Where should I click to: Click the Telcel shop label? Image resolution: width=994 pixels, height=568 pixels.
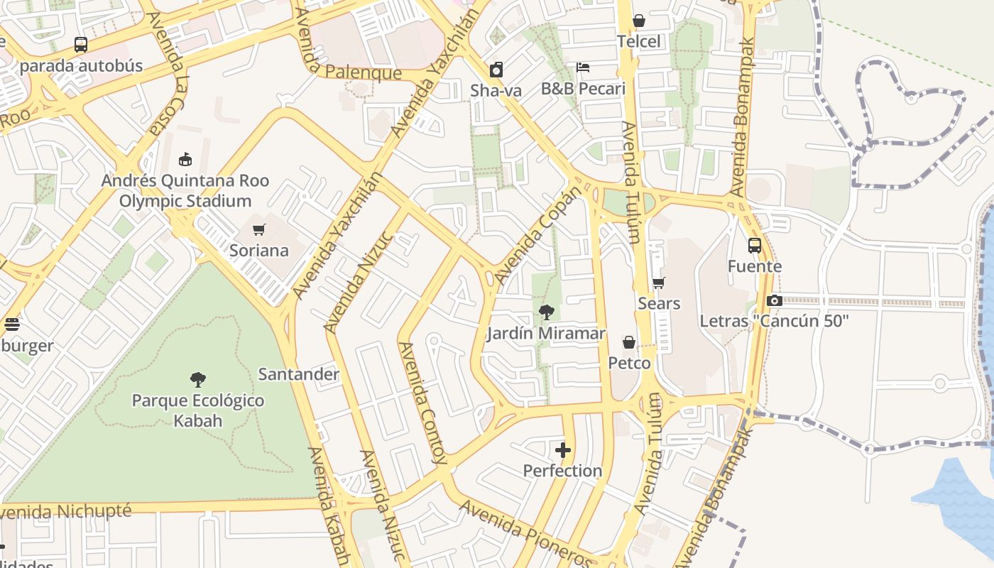[638, 41]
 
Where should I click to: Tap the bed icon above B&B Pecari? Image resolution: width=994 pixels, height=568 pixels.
[583, 67]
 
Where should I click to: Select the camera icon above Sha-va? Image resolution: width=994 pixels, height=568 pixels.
[496, 70]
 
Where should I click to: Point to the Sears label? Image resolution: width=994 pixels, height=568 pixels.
[659, 303]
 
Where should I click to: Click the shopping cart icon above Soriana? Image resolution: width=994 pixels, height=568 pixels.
[259, 229]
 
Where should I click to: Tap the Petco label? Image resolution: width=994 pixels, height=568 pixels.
[629, 363]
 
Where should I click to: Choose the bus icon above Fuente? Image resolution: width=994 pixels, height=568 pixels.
[755, 246]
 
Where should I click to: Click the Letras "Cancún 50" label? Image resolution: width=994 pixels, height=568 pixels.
[774, 321]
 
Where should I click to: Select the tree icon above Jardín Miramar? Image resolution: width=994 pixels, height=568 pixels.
[546, 312]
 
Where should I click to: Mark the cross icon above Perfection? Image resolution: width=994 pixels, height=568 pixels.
[563, 450]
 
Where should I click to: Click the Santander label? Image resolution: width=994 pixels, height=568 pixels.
[298, 374]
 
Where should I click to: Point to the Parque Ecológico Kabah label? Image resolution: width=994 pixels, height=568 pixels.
[198, 410]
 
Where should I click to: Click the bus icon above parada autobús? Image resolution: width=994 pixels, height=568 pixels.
[81, 45]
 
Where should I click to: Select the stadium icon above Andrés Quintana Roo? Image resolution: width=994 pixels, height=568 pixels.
[185, 159]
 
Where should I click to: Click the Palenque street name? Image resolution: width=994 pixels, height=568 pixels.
[364, 73]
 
